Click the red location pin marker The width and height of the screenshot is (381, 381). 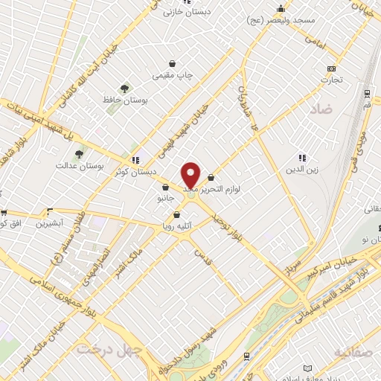[x=191, y=175]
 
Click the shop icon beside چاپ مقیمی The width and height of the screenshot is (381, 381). [x=173, y=63]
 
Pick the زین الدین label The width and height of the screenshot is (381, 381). [x=303, y=170]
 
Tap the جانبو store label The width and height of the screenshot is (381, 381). [x=164, y=199]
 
